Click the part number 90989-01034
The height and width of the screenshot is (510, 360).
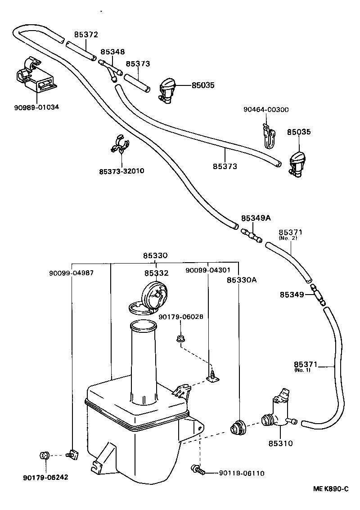[36, 107]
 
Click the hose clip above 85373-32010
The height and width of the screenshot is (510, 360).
[120, 144]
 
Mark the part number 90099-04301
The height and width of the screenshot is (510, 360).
[208, 270]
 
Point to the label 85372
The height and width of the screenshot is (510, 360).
[85, 35]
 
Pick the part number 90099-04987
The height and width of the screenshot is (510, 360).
[72, 273]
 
